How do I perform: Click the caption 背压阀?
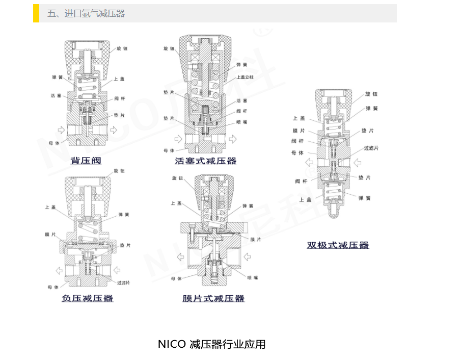[x=86, y=161]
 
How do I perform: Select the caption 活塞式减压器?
[x=205, y=161]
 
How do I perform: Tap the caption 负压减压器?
[x=87, y=298]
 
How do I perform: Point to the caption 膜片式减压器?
[x=213, y=298]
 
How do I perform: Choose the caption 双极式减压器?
[x=338, y=245]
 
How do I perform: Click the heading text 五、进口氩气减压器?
[x=86, y=14]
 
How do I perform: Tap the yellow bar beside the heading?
[x=36, y=13]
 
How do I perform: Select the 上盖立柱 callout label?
[x=245, y=77]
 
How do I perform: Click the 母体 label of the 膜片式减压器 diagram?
[x=176, y=278]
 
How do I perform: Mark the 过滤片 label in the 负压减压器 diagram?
[x=123, y=282]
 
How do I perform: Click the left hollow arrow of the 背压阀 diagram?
[x=60, y=129]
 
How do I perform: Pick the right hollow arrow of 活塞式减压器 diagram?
[x=232, y=139]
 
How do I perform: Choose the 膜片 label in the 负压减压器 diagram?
[x=50, y=235]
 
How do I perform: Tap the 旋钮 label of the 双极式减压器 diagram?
[x=371, y=94]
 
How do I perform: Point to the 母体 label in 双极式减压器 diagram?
[x=297, y=152]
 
